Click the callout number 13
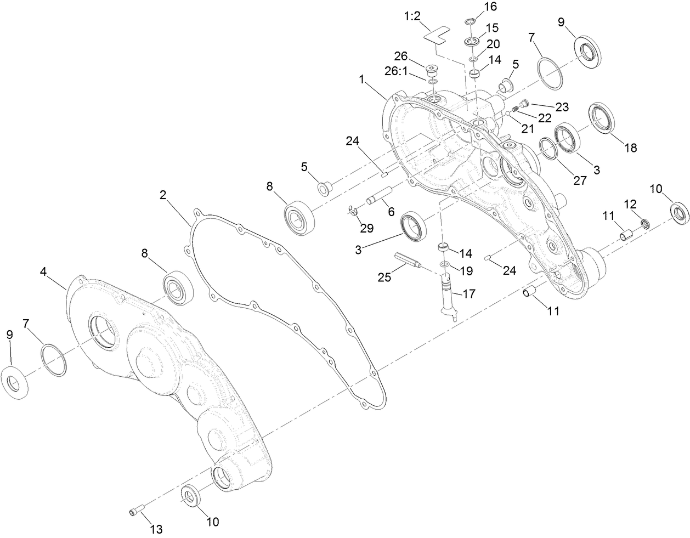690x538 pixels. point(156,529)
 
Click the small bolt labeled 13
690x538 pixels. point(136,512)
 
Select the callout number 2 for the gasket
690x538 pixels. point(163,195)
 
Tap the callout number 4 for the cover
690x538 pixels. point(44,271)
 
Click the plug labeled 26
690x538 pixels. point(433,71)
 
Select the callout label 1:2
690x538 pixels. point(412,16)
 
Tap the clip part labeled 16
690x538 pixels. point(470,22)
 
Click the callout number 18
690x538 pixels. point(630,148)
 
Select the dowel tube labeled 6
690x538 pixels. point(380,195)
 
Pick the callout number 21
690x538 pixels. point(528,129)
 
